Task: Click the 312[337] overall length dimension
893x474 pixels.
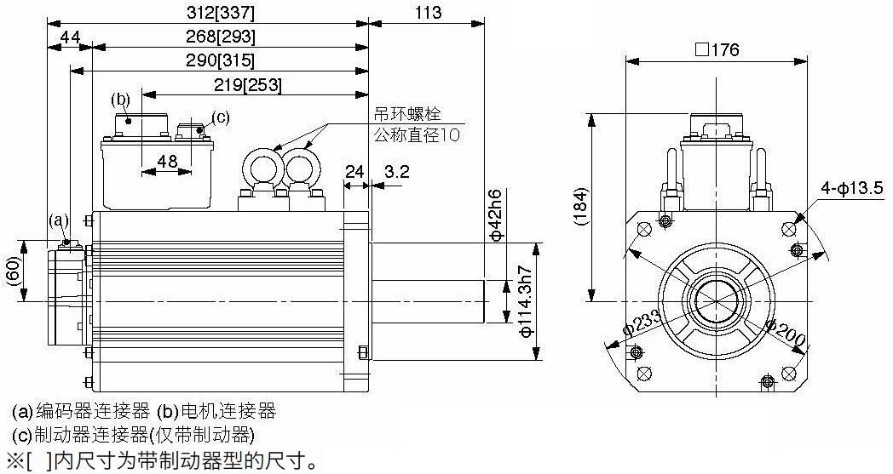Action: pos(221,13)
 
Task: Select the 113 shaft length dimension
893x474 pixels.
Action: pos(428,13)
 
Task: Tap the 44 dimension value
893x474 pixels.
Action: pos(70,37)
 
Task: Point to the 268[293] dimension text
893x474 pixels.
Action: pos(221,37)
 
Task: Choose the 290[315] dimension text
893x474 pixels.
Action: pos(221,60)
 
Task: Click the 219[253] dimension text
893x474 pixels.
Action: pos(248,85)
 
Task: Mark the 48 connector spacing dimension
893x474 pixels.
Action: pos(167,161)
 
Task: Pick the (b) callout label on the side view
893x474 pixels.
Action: pos(120,100)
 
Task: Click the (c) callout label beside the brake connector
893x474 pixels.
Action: pos(221,117)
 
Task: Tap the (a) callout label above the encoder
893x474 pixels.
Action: pos(59,220)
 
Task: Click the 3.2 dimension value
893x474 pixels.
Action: pos(397,171)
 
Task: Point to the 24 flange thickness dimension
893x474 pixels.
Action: pos(354,171)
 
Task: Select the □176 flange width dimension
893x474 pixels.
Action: pos(717,50)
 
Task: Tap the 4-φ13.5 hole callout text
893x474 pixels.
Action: pos(852,187)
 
